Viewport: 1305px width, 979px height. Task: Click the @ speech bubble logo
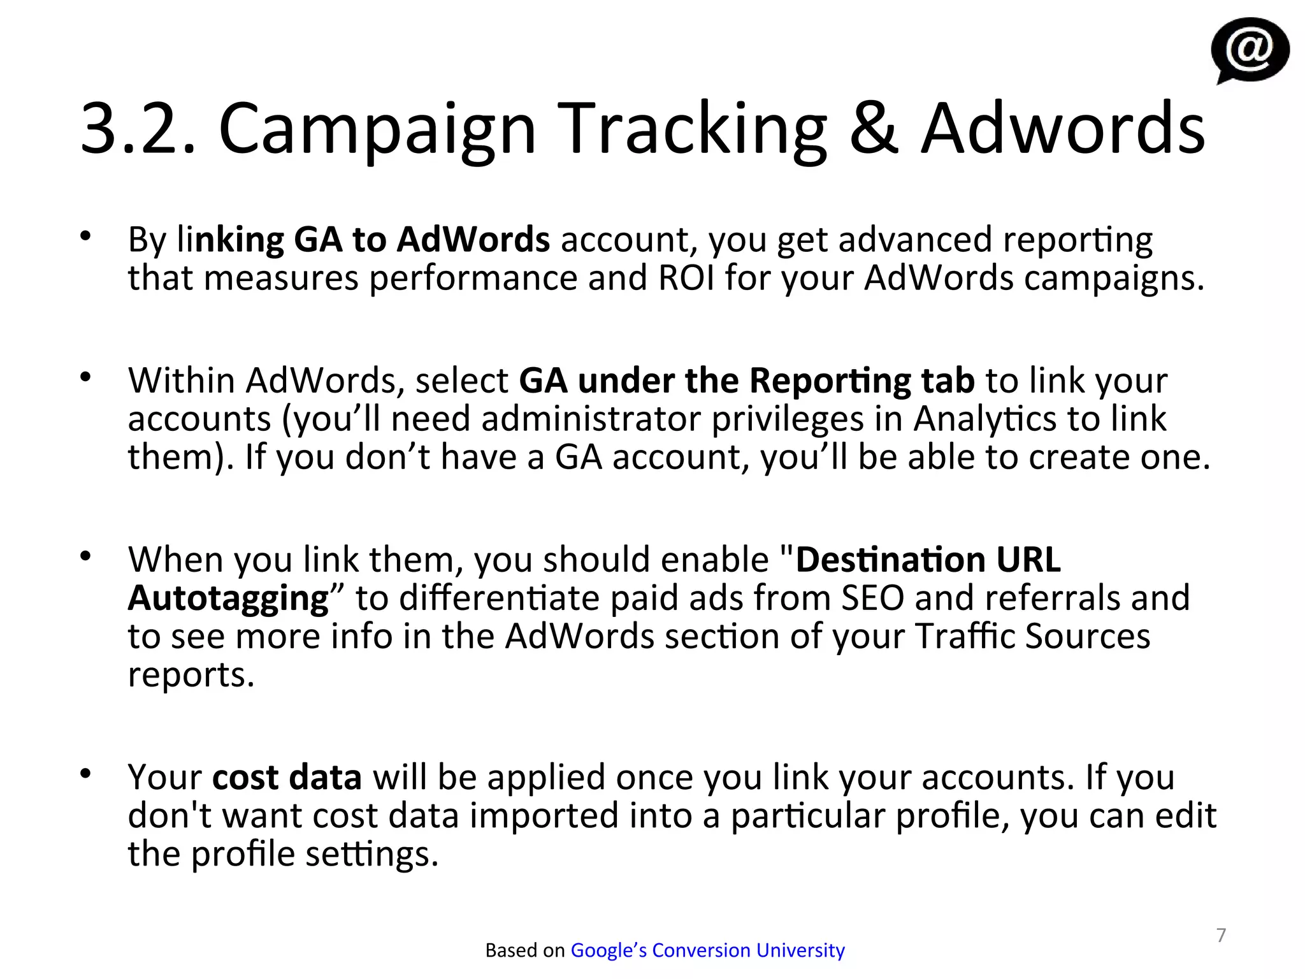coord(1250,50)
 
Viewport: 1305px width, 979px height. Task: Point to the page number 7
coord(1221,935)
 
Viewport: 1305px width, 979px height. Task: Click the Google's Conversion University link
coord(707,950)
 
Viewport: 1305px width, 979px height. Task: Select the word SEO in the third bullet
coord(872,598)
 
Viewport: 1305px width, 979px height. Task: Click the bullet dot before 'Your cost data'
coord(86,774)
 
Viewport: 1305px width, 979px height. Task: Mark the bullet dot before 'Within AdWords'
coord(86,377)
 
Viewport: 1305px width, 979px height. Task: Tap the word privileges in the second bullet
coord(787,419)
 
